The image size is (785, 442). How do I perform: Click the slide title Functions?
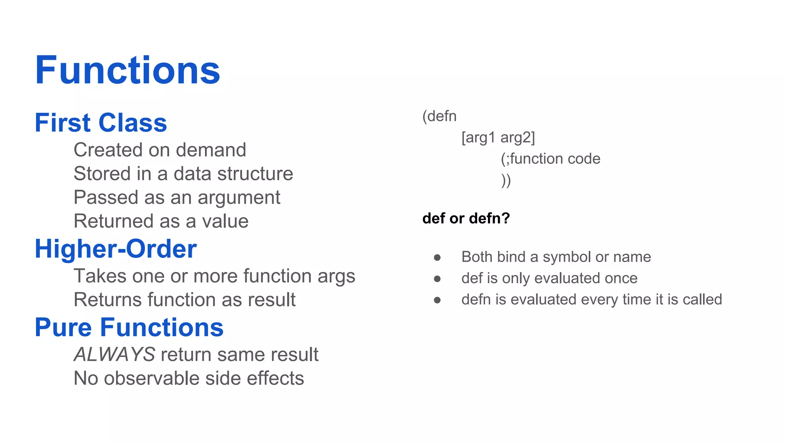tap(127, 70)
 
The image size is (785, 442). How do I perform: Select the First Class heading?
tap(101, 123)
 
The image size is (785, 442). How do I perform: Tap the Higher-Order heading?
tap(115, 249)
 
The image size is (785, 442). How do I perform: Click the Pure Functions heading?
tap(129, 327)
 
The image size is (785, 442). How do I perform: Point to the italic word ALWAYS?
tap(114, 354)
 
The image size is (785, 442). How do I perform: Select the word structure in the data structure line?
tap(260, 174)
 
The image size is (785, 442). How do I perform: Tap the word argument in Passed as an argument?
tap(239, 198)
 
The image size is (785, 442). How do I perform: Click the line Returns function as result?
tap(184, 300)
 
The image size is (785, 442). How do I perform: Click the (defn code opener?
tap(439, 116)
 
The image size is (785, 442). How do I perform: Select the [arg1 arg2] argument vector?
tap(498, 137)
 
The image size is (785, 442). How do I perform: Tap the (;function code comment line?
tap(550, 158)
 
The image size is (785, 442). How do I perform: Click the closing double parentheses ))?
tap(506, 180)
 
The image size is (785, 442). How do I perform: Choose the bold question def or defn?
tap(466, 218)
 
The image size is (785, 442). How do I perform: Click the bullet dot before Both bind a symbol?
tap(437, 257)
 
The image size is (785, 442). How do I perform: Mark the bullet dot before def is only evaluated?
tap(437, 279)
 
